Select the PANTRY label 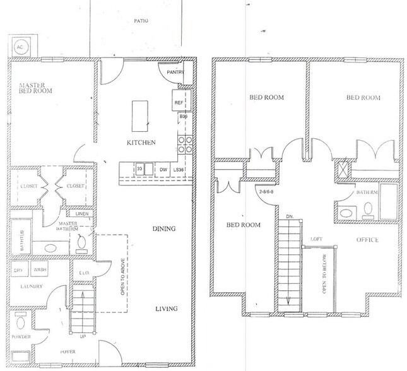pyautogui.click(x=175, y=73)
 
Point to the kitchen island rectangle pyautogui.click(x=141, y=114)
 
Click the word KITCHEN pyautogui.click(x=141, y=143)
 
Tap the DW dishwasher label pyautogui.click(x=162, y=170)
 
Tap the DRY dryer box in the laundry pyautogui.click(x=18, y=271)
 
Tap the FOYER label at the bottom pyautogui.click(x=49, y=359)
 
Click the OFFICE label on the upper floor pyautogui.click(x=367, y=240)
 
